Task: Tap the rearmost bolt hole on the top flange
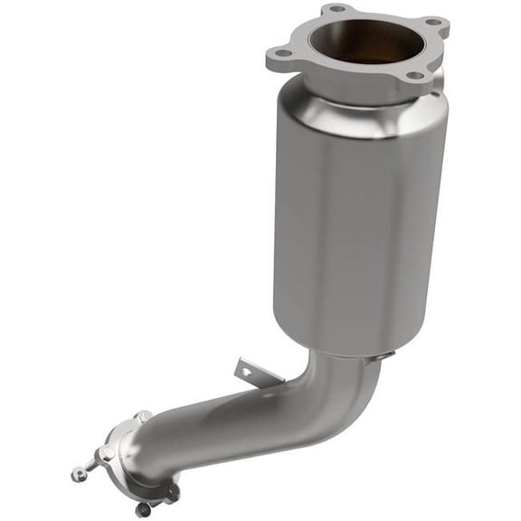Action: pyautogui.click(x=336, y=9)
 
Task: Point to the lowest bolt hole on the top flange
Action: pyautogui.click(x=415, y=75)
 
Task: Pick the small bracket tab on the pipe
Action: pyautogui.click(x=245, y=369)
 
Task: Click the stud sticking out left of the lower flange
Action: pyautogui.click(x=81, y=471)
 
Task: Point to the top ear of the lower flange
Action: pyautogui.click(x=142, y=417)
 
